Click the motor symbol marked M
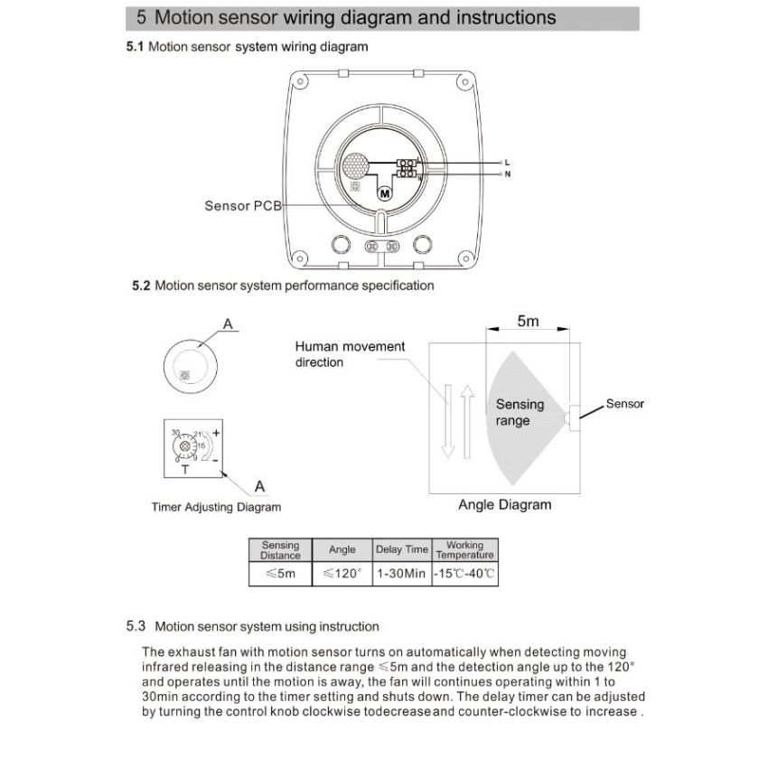point(382,192)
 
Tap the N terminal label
point(507,173)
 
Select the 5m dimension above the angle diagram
point(528,321)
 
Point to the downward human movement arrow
point(446,420)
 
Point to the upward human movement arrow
point(467,420)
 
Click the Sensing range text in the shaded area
point(520,412)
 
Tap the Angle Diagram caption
point(504,504)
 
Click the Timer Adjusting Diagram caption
point(216,507)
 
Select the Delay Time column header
point(402,549)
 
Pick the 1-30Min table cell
point(402,574)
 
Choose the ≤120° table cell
point(342,574)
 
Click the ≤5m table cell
point(280,574)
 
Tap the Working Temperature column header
point(464,549)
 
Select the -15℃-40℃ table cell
point(464,574)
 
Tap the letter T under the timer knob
point(184,470)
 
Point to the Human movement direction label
point(350,354)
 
